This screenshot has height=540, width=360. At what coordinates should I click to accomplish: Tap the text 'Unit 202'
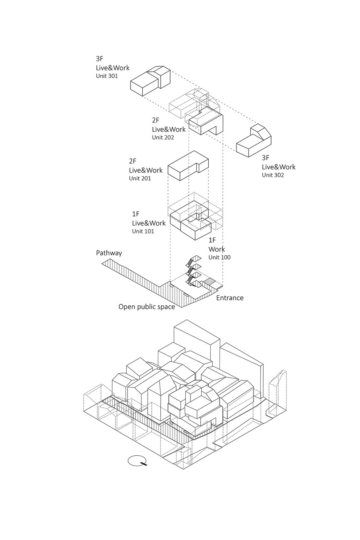(x=163, y=137)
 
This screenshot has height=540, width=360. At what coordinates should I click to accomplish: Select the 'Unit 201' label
(x=140, y=178)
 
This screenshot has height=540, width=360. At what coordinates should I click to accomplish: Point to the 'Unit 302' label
(x=273, y=175)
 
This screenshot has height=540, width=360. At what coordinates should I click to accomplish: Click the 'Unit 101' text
(x=143, y=231)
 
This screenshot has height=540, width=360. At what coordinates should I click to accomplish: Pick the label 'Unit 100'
(x=219, y=257)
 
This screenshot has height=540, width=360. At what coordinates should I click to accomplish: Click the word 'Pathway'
(x=109, y=253)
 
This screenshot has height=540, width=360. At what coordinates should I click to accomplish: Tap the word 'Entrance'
(x=229, y=297)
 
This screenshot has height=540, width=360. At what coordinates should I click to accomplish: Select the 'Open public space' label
(x=146, y=307)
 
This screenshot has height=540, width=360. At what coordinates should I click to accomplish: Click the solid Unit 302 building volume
(x=254, y=141)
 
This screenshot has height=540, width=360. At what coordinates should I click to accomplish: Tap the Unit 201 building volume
(x=187, y=166)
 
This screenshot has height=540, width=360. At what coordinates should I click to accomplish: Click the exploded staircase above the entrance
(x=193, y=272)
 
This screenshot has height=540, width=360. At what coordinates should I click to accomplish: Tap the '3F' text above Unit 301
(x=99, y=59)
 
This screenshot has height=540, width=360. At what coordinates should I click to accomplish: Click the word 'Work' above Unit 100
(x=216, y=249)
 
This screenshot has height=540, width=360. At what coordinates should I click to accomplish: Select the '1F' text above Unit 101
(x=136, y=214)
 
